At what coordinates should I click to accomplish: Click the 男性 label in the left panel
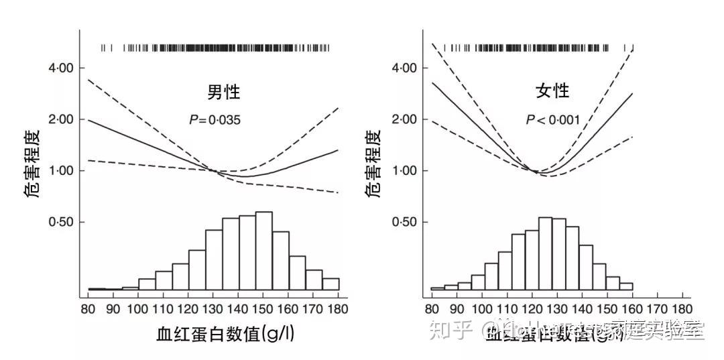click(223, 91)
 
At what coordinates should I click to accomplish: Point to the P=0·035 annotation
click(215, 121)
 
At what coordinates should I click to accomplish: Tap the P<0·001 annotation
click(552, 121)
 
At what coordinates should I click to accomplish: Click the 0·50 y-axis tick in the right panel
click(404, 222)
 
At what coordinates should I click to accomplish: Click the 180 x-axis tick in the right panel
click(682, 309)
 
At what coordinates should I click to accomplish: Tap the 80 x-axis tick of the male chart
click(88, 309)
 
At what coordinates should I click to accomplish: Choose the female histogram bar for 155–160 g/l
click(626, 286)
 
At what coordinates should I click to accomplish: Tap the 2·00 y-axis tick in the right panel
click(404, 120)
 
